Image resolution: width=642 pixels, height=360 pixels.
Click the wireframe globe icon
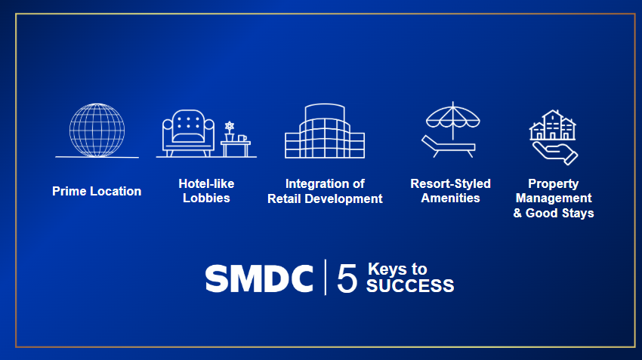97,130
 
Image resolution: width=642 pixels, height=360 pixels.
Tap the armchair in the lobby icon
188,133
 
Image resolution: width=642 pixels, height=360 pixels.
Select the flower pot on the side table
230,131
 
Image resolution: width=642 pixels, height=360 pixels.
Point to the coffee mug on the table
242,138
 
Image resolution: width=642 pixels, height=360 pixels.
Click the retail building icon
325,131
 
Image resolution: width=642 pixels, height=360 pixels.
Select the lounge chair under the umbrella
449,146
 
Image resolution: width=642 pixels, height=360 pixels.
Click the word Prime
69,191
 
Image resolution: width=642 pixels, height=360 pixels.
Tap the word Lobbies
206,198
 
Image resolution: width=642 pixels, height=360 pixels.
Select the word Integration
313,183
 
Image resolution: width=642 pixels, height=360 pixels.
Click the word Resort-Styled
450,183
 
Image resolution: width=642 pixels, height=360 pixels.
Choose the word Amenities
450,198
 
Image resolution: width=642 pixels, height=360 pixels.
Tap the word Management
554,198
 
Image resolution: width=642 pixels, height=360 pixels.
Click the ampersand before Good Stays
517,213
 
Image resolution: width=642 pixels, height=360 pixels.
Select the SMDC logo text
259,278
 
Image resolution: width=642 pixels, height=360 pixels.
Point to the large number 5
347,278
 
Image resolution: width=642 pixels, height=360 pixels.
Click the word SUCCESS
410,286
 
